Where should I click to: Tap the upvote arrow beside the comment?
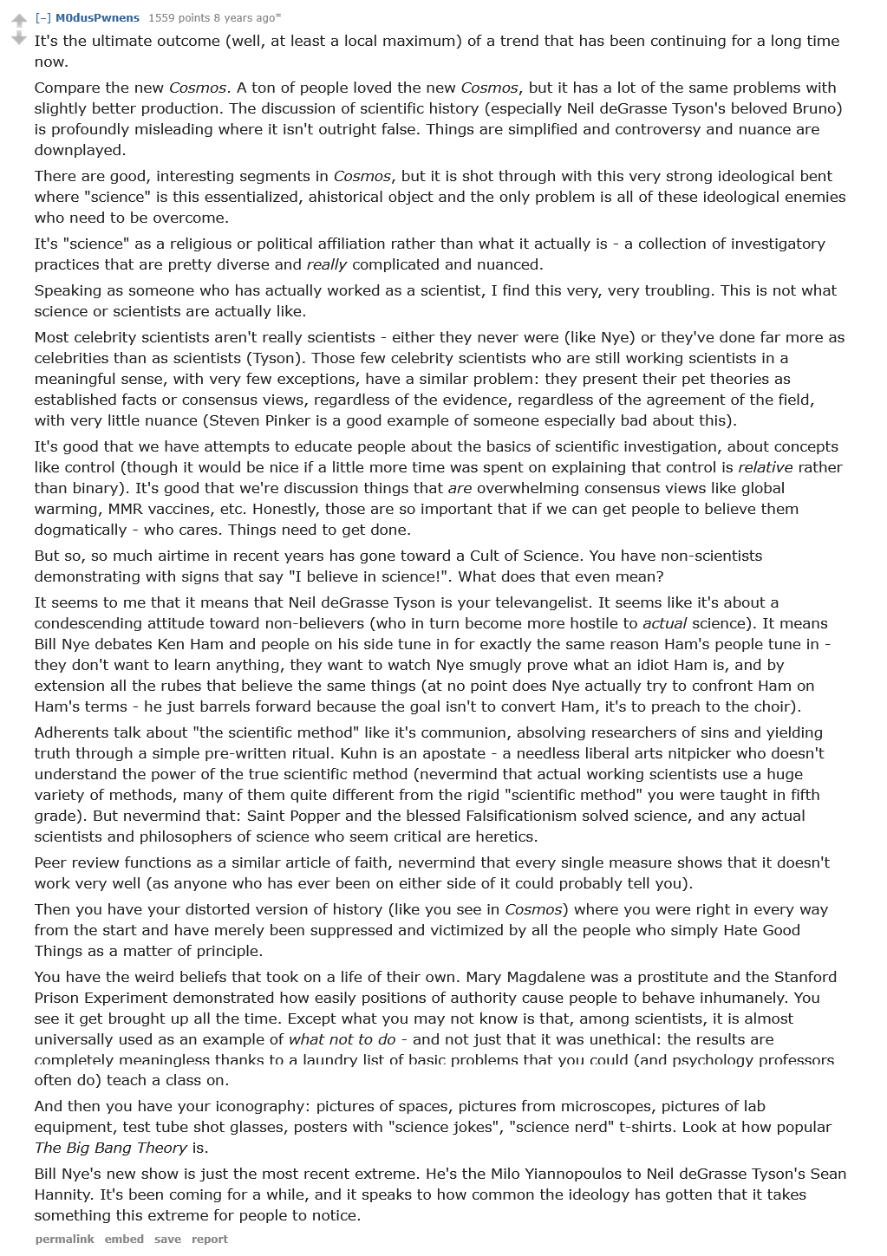tap(18, 20)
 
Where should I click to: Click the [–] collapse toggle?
tap(42, 17)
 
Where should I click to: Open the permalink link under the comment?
tap(64, 1239)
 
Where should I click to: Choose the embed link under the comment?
tap(124, 1239)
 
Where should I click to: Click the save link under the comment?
tap(167, 1239)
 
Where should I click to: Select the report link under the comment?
tap(209, 1239)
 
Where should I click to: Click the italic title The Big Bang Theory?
tap(110, 1148)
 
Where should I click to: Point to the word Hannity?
tap(64, 1194)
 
